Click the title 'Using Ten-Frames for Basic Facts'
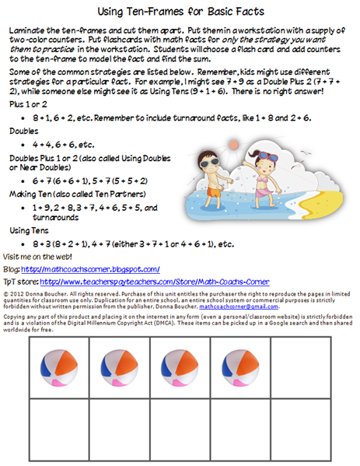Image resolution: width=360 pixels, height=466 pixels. point(180,13)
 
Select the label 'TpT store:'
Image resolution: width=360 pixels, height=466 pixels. point(22,282)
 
